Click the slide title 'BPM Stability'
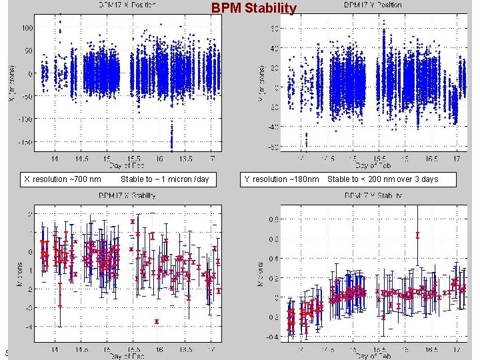point(254,8)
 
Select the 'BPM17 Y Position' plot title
point(373,5)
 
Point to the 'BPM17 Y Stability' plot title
point(373,195)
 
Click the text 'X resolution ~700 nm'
point(63,179)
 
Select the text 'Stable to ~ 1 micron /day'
point(165,179)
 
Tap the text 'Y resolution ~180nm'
point(281,179)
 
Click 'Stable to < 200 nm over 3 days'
point(383,179)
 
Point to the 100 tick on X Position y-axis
point(28,28)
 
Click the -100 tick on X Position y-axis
point(26,119)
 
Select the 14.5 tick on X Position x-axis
point(81,159)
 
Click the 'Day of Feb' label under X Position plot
point(128,165)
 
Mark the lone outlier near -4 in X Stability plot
point(157,321)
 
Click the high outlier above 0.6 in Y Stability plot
point(417,235)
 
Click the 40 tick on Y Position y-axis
point(273,48)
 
